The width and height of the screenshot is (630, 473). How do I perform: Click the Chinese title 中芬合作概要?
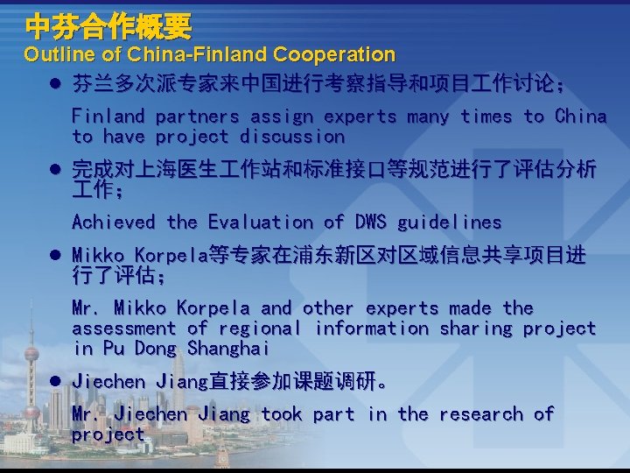click(108, 26)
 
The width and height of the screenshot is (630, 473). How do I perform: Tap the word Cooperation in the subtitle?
click(334, 55)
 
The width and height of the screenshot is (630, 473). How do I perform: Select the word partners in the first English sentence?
click(197, 116)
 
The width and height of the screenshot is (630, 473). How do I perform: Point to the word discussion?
click(292, 137)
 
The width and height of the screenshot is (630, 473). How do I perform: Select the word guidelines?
click(450, 222)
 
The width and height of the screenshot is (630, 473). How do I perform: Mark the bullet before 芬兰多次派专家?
click(54, 85)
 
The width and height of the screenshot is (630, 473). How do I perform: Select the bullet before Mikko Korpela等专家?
click(54, 256)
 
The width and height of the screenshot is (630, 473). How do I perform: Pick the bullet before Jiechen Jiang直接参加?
click(54, 382)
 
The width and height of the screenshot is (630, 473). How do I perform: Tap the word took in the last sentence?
click(281, 413)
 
